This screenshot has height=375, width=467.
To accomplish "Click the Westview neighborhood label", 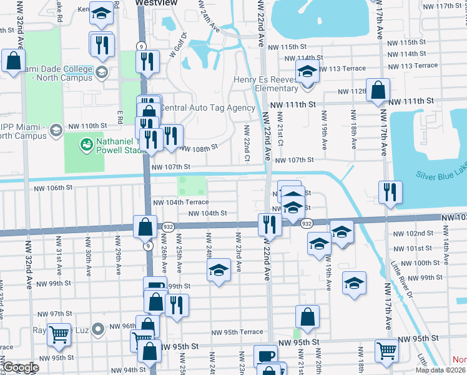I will (x=156, y=3).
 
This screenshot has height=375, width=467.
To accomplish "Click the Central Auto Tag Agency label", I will (x=208, y=107).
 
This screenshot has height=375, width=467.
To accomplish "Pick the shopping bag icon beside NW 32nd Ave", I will (x=13, y=62).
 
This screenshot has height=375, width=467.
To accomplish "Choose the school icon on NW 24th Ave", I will (x=218, y=271).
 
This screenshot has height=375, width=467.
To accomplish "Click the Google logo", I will (x=21, y=367).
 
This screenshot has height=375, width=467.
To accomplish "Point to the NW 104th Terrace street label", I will (x=180, y=202).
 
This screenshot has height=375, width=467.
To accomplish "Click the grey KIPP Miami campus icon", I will (x=56, y=131).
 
